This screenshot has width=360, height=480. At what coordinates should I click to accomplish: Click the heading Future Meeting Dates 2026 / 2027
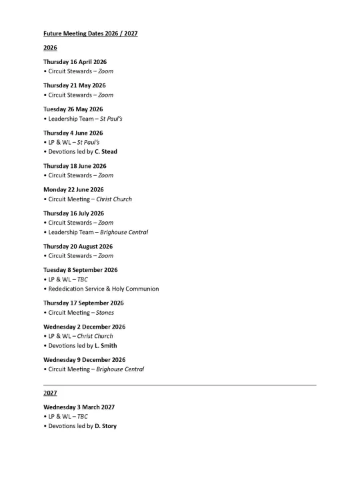(x=91, y=33)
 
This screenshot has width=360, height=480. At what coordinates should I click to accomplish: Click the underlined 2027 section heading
(x=50, y=393)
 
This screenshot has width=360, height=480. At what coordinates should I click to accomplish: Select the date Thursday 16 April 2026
(x=75, y=62)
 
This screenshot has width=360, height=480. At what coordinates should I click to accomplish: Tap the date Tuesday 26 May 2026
(x=73, y=109)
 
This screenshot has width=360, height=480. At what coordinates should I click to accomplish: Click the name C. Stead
(x=106, y=152)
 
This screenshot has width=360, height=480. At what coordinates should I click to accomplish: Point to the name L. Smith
(x=106, y=346)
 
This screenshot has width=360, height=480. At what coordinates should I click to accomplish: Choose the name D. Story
(x=105, y=426)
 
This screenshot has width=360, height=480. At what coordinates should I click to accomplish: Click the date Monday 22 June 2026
(x=74, y=190)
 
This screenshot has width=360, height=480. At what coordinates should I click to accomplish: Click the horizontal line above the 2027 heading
(x=180, y=385)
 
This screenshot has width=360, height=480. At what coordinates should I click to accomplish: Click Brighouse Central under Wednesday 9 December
(x=120, y=369)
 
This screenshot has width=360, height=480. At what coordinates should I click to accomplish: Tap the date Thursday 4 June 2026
(x=73, y=133)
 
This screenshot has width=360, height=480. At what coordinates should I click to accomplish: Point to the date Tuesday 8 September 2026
(x=81, y=271)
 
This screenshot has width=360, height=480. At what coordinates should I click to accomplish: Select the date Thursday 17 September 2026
(x=83, y=303)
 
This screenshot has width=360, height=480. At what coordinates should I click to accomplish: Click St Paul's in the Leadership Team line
(x=111, y=119)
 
